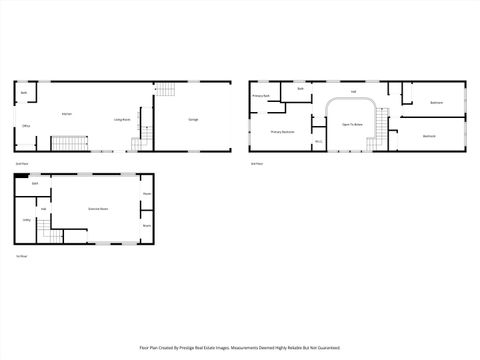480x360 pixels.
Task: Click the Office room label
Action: [27, 126]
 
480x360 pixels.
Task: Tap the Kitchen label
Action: [66, 114]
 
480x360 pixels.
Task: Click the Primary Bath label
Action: [262, 96]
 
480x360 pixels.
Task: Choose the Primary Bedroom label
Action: [282, 131]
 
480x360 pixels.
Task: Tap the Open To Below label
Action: [351, 124]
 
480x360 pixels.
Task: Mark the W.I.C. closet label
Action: [317, 142]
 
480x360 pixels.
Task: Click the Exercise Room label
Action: [98, 209]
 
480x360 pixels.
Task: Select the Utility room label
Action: [26, 220]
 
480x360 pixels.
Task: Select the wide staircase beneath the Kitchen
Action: [70, 146]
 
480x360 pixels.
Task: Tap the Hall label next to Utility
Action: [44, 209]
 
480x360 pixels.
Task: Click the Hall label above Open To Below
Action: [353, 91]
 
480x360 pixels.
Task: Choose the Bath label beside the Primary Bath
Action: [300, 88]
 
